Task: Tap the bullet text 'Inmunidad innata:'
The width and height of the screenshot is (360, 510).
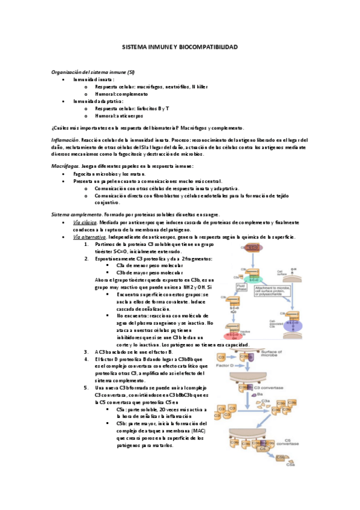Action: tap(94, 79)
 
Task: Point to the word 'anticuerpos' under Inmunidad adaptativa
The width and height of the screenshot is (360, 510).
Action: tap(130, 115)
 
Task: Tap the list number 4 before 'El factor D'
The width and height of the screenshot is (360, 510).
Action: tap(87, 358)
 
